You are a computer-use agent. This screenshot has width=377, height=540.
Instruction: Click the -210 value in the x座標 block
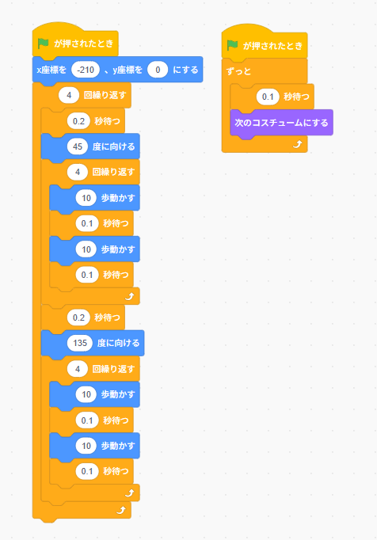(86, 70)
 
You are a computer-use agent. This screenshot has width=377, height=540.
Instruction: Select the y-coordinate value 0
(158, 70)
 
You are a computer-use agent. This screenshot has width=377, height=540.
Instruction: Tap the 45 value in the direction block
(78, 146)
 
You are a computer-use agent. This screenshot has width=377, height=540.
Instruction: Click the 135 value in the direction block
(80, 343)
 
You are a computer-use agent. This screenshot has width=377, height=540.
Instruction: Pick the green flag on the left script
(43, 44)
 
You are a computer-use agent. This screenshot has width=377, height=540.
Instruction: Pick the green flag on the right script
(232, 45)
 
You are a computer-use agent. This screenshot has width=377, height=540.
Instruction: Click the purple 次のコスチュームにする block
(281, 123)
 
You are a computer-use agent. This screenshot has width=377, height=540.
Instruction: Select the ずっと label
(239, 71)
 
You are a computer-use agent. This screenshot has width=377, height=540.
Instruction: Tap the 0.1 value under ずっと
(268, 97)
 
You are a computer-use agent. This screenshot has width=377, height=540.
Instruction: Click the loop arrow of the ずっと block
(297, 144)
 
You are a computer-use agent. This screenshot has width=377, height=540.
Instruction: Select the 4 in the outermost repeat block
(69, 95)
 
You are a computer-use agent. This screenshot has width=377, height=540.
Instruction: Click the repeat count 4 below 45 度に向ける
(78, 172)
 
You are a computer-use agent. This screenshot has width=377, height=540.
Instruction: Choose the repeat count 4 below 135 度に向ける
(78, 369)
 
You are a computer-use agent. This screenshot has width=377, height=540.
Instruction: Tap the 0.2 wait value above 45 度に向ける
(78, 121)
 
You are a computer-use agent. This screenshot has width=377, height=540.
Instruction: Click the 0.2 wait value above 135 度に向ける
(78, 318)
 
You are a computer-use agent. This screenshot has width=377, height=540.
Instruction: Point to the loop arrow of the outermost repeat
(120, 510)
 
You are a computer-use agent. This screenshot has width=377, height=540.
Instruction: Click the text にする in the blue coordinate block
(185, 70)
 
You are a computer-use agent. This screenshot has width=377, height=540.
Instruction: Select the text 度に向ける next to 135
(118, 343)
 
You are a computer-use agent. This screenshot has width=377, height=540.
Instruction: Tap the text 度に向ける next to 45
(114, 146)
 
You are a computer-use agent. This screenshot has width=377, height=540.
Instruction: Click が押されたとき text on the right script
(273, 45)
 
